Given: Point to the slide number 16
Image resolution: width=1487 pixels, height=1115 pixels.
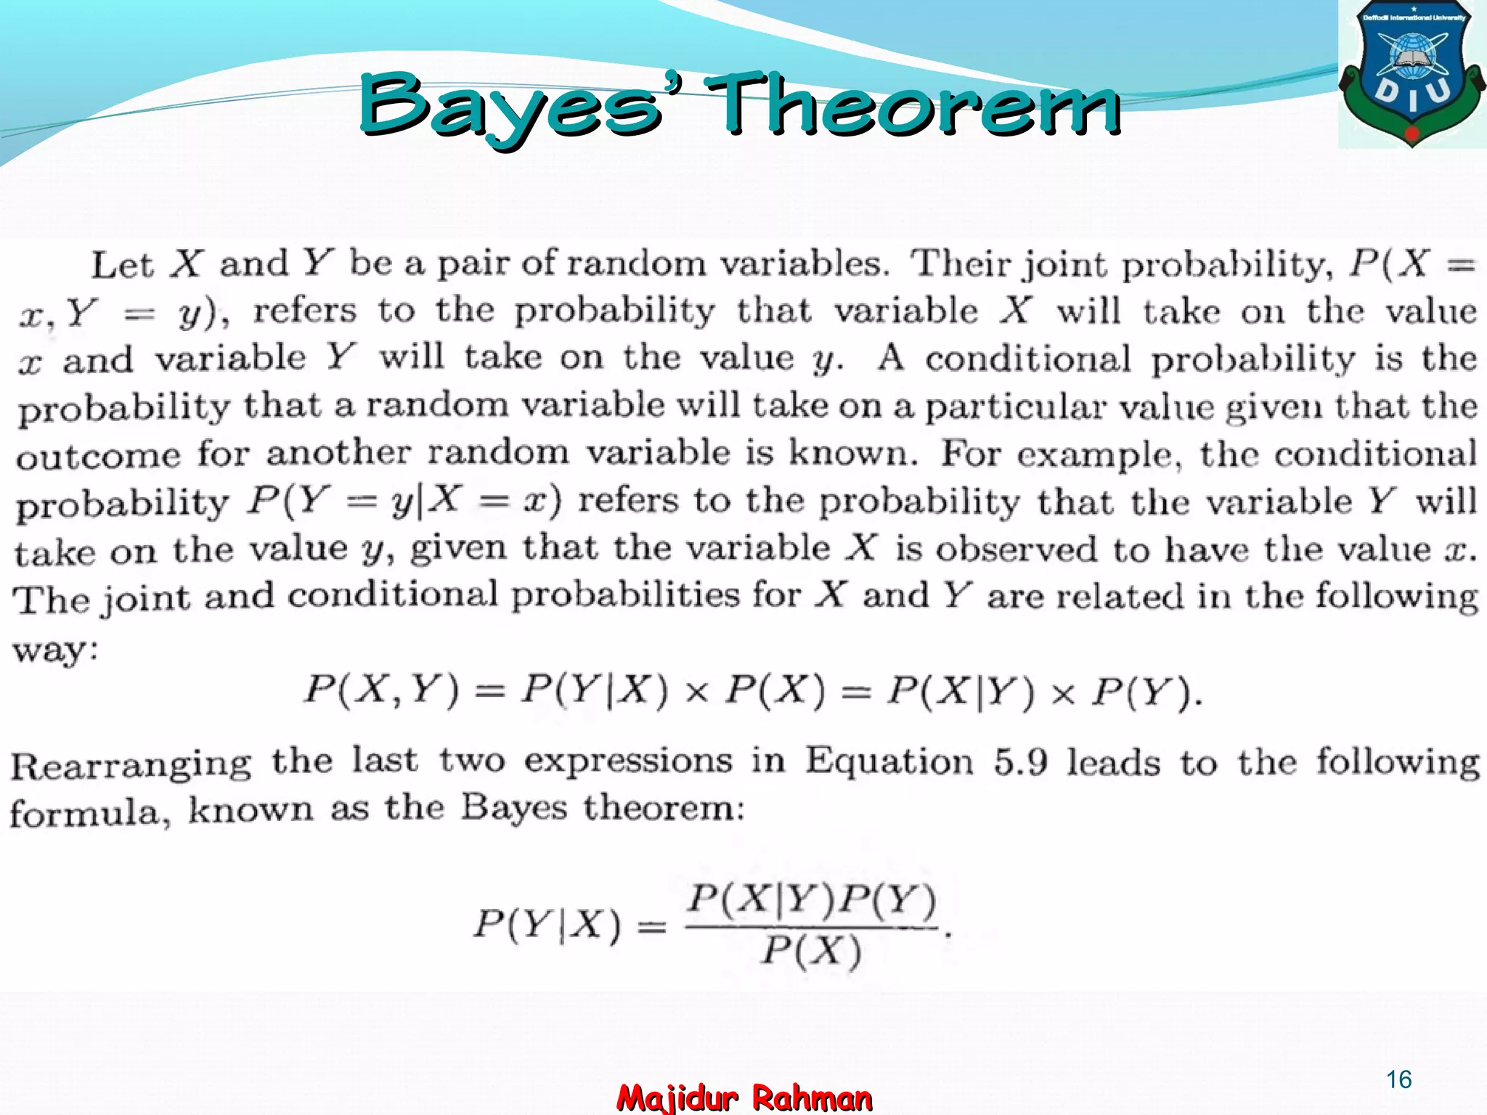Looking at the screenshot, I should pyautogui.click(x=1398, y=1079).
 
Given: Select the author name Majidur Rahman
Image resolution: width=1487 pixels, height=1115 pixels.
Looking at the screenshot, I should pyautogui.click(x=744, y=1098).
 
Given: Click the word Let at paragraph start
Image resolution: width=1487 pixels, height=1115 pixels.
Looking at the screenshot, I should pyautogui.click(x=122, y=264).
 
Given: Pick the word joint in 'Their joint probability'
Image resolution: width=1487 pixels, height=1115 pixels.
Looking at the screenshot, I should pyautogui.click(x=1064, y=266).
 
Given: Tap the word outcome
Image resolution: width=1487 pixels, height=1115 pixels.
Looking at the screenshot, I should pyautogui.click(x=98, y=456).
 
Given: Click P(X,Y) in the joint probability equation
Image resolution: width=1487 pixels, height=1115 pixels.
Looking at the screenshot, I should pyautogui.click(x=381, y=689).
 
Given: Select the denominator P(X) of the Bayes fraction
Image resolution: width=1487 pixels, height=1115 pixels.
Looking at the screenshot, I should pyautogui.click(x=812, y=951).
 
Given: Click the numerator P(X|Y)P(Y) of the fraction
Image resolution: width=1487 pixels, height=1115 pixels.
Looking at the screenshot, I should pyautogui.click(x=812, y=901).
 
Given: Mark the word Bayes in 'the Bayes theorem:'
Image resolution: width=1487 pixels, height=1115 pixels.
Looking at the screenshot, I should pyautogui.click(x=513, y=809).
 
